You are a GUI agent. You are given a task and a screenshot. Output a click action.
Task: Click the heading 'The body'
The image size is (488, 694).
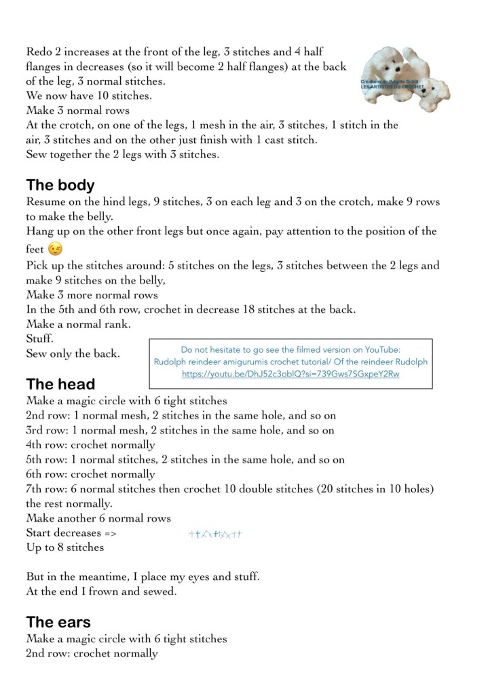click(60, 185)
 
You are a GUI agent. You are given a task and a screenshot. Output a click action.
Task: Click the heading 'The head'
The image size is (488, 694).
click(60, 384)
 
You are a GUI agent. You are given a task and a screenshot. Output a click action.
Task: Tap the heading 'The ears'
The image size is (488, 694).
click(58, 621)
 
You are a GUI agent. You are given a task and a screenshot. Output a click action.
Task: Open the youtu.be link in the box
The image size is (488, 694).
click(290, 374)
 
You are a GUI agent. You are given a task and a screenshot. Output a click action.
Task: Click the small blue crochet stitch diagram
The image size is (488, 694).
click(215, 535)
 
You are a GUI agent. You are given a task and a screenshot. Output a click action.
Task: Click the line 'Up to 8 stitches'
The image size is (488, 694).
click(65, 547)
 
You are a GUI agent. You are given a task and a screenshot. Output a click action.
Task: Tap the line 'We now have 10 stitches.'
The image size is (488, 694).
click(89, 96)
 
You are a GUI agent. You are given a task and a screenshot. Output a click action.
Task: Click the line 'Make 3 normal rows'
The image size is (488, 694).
click(78, 111)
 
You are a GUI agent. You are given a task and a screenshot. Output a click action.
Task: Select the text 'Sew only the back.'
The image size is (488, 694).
click(73, 353)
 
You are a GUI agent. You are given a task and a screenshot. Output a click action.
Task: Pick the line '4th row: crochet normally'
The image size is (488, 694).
click(90, 445)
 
